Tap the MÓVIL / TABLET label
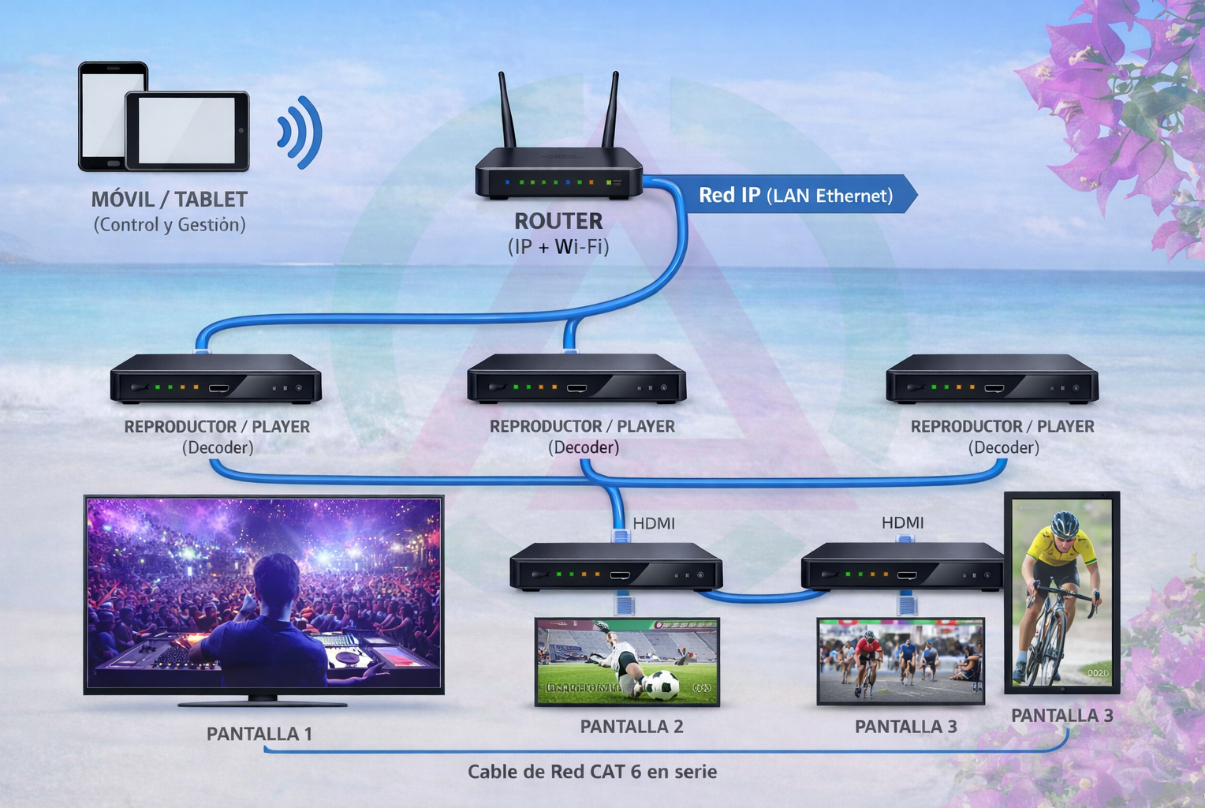point(170,200)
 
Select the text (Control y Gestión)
point(170,225)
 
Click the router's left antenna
point(506,110)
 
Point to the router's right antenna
point(611,110)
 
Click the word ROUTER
point(558,221)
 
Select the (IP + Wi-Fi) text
point(558,247)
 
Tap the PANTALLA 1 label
point(259,734)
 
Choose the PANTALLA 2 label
point(632,727)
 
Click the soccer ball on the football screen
point(662,684)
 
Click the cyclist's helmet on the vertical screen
point(1065,524)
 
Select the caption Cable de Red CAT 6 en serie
point(592,772)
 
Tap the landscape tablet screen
point(187,130)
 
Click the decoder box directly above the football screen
point(616,567)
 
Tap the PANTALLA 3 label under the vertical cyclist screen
point(1062,716)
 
